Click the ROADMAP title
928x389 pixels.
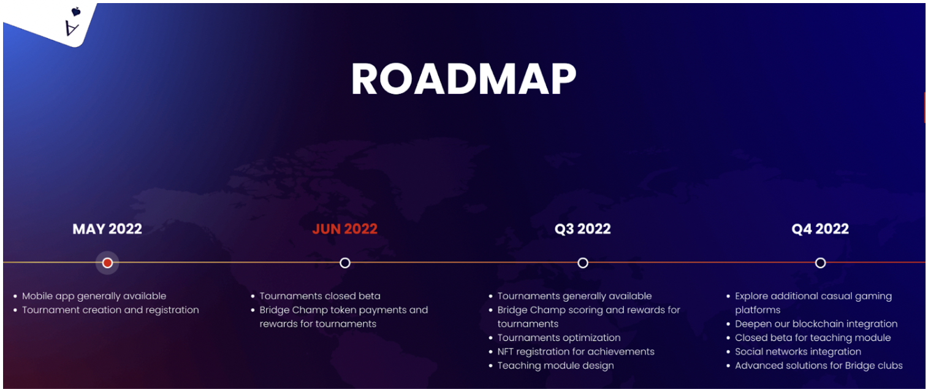[x=463, y=79]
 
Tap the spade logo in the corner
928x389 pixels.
[x=74, y=22]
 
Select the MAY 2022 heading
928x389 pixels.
[x=107, y=229]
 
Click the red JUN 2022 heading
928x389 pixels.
[x=344, y=229]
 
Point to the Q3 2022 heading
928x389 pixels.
[x=582, y=229]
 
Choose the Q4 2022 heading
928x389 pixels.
[x=820, y=229]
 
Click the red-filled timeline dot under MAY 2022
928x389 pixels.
[x=108, y=263]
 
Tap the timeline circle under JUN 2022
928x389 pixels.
[x=345, y=263]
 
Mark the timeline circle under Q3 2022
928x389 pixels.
[x=583, y=263]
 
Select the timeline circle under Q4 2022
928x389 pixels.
[x=820, y=263]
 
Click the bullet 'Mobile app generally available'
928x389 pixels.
[x=94, y=296]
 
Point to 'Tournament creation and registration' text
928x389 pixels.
[x=110, y=310]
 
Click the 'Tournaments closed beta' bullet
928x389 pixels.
[x=320, y=296]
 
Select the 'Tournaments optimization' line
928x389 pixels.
[x=558, y=337]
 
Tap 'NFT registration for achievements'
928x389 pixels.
[x=576, y=352]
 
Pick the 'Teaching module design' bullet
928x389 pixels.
[x=555, y=366]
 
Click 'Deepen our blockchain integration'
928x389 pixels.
[x=816, y=323]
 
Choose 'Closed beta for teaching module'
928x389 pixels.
[x=813, y=337]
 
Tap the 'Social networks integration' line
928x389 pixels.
[x=798, y=352]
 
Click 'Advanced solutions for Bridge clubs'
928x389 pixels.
[x=819, y=366]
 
